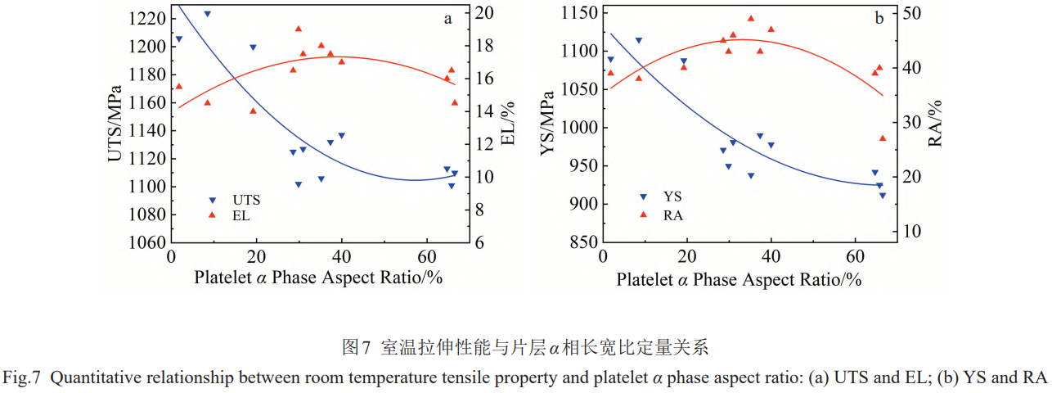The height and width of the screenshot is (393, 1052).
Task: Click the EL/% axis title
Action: pyautogui.click(x=507, y=123)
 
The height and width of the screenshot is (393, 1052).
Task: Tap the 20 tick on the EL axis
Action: pyautogui.click(x=483, y=12)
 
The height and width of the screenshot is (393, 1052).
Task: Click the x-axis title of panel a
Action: pyautogui.click(x=317, y=278)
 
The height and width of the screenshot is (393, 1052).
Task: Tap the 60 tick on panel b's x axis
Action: pyautogui.click(x=855, y=256)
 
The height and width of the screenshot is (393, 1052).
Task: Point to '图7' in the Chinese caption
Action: pyautogui.click(x=357, y=348)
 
